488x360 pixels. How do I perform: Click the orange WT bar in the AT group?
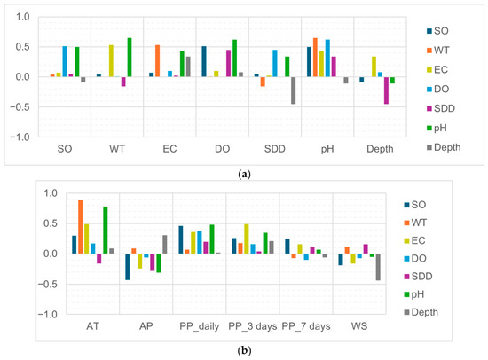click(x=80, y=227)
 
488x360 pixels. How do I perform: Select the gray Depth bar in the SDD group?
click(x=293, y=90)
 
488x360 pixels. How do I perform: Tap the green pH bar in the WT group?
click(x=130, y=58)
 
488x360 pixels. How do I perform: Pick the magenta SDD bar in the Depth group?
click(x=386, y=90)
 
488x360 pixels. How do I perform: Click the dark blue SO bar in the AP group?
click(x=127, y=267)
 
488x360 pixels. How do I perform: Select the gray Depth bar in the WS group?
click(x=378, y=267)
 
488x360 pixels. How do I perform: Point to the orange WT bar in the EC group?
click(x=157, y=61)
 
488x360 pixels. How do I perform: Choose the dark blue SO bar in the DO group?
click(x=204, y=61)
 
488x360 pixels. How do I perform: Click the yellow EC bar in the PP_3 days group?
click(x=247, y=239)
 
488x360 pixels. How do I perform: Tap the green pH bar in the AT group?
click(x=106, y=231)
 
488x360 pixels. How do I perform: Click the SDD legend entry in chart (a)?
click(x=441, y=108)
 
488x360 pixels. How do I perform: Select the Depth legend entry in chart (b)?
click(x=421, y=312)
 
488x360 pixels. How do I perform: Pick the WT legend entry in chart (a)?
click(x=438, y=51)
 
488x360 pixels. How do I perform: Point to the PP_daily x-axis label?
click(x=199, y=326)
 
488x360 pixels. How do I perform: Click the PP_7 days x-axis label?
click(x=306, y=326)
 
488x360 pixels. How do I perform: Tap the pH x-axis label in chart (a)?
click(x=327, y=149)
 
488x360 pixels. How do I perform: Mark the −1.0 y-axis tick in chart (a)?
click(x=20, y=137)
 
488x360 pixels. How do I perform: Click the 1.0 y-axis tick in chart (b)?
click(x=51, y=193)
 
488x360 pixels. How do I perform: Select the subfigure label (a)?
click(x=244, y=175)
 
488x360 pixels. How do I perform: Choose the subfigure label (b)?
click(x=244, y=350)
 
